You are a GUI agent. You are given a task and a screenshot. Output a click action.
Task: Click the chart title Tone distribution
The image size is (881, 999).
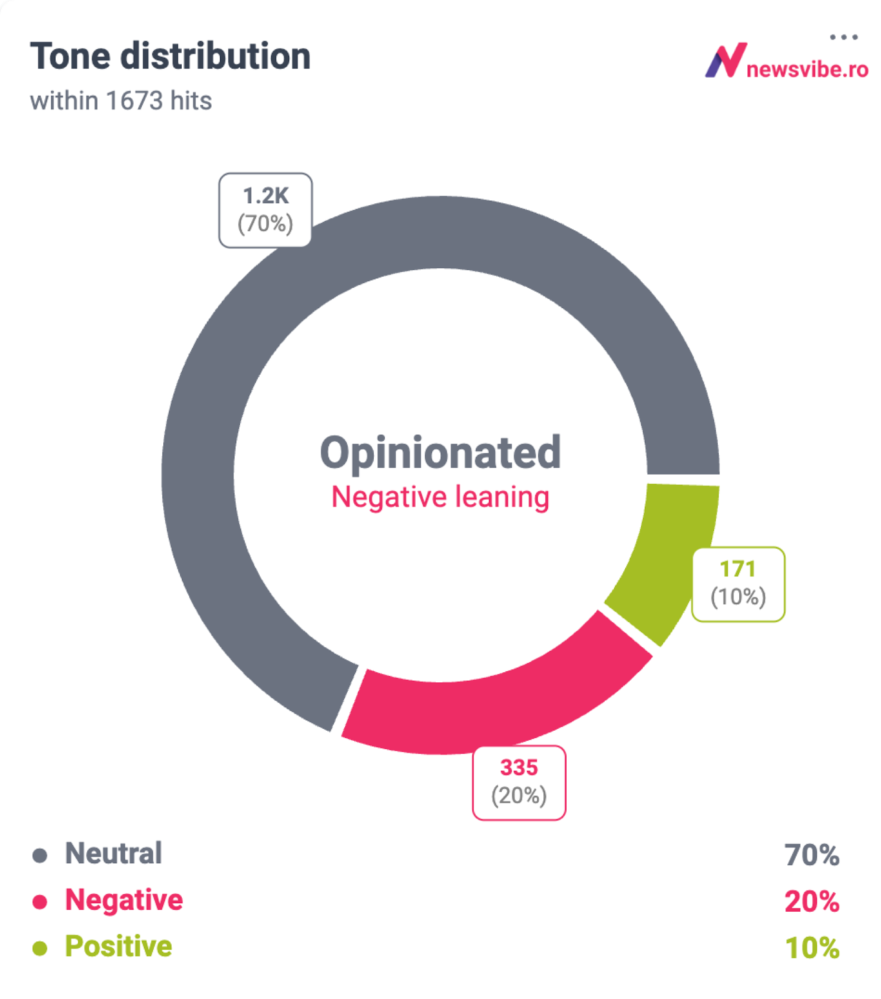[x=170, y=56]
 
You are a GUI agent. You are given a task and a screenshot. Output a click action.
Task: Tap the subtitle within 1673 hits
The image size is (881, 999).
[x=121, y=101]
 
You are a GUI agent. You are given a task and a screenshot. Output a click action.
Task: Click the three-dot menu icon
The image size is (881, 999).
[x=844, y=37]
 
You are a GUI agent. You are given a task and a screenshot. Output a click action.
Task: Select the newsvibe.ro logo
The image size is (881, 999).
[x=786, y=62]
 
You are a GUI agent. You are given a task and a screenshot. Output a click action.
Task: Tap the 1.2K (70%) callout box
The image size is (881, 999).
[x=265, y=210]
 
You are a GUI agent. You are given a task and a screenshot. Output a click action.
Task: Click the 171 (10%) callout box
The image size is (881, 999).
[x=738, y=584]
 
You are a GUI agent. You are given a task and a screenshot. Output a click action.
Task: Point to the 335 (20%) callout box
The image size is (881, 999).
[x=519, y=782]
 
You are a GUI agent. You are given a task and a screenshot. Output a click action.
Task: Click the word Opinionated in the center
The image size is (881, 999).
[x=441, y=452]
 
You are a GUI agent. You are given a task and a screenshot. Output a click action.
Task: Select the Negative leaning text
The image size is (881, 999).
[x=441, y=498]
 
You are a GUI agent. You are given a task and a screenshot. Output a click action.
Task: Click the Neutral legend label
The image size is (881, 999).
[x=114, y=854]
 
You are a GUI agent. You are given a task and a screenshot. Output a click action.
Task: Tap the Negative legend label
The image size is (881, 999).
[x=124, y=900]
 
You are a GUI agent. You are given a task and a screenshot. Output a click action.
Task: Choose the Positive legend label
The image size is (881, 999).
[x=119, y=946]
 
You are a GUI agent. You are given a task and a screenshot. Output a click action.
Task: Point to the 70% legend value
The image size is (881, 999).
[x=812, y=855]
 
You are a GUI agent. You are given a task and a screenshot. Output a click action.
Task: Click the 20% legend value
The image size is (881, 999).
[x=812, y=901]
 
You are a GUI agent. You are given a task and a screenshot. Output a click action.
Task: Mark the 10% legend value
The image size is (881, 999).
[x=812, y=948]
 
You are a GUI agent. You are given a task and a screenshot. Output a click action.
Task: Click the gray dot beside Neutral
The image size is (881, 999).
[x=40, y=855]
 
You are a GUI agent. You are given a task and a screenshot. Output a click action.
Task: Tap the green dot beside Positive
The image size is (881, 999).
[x=40, y=948]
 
